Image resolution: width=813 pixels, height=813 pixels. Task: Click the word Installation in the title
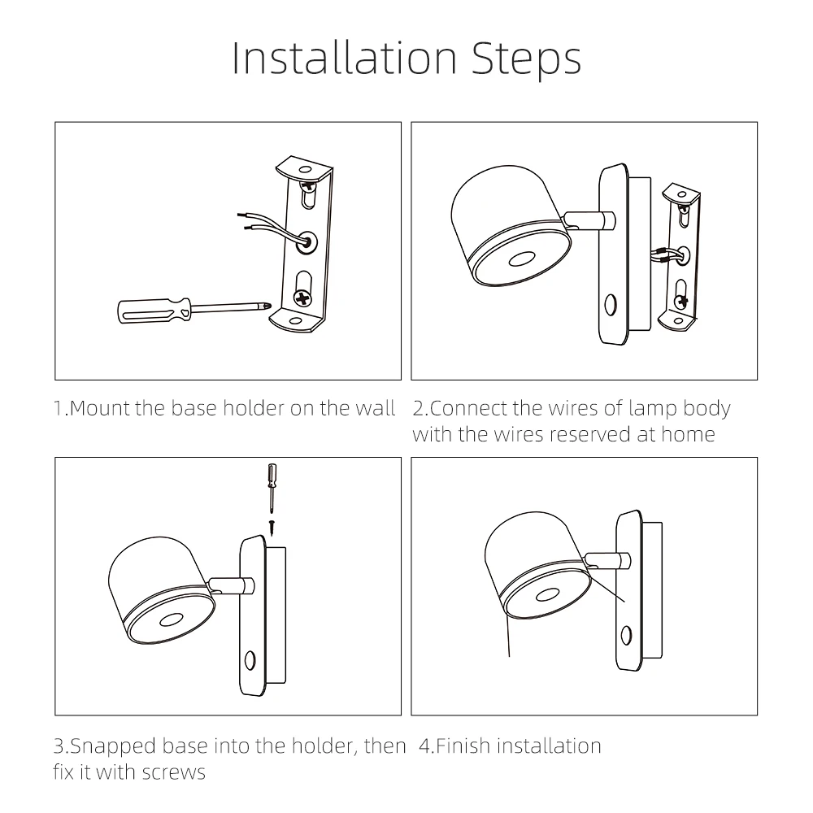point(344,58)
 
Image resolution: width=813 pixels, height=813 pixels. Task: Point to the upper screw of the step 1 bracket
point(309,184)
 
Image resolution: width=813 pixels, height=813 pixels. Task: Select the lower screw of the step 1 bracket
point(302,298)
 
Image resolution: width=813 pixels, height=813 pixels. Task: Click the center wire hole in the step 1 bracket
point(307,242)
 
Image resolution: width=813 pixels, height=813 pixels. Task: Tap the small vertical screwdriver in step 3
point(272,487)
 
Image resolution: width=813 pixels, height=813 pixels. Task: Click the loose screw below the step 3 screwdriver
point(272,527)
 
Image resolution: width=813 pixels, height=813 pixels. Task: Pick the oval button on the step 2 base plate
point(611,305)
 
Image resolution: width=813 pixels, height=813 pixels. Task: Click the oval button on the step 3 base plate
point(250,660)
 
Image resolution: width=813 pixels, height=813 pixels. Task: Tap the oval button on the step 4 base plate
point(626,635)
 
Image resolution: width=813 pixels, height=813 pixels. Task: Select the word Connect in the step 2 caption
point(469,408)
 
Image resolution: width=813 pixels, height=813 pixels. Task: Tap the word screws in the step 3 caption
point(174,772)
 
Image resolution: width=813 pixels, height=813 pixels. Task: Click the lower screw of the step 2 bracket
point(680,301)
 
